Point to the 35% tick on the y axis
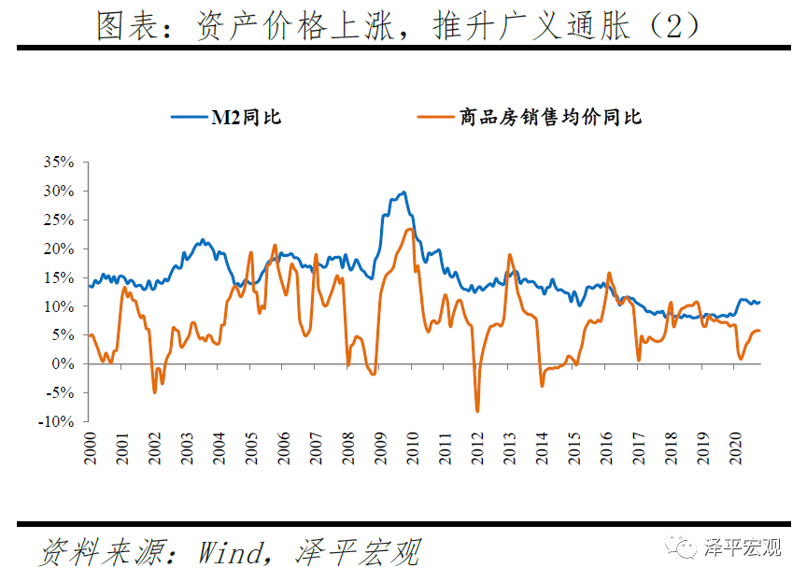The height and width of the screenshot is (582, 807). pos(59,162)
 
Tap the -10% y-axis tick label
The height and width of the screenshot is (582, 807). pos(56,421)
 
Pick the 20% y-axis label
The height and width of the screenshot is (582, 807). pos(59,248)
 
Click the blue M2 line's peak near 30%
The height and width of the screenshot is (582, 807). pos(403,192)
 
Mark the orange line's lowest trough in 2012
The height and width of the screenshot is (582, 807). pos(477,411)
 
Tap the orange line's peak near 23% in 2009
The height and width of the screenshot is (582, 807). pos(409,229)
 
